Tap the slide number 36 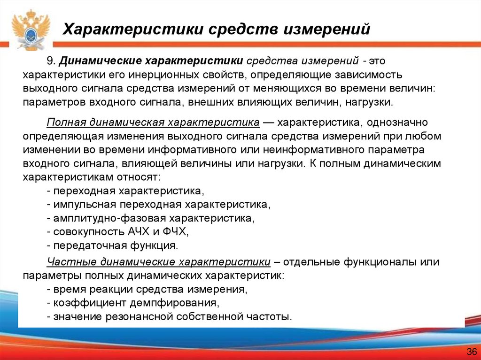471,352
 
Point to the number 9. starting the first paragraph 51,61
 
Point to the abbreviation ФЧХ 175,232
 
